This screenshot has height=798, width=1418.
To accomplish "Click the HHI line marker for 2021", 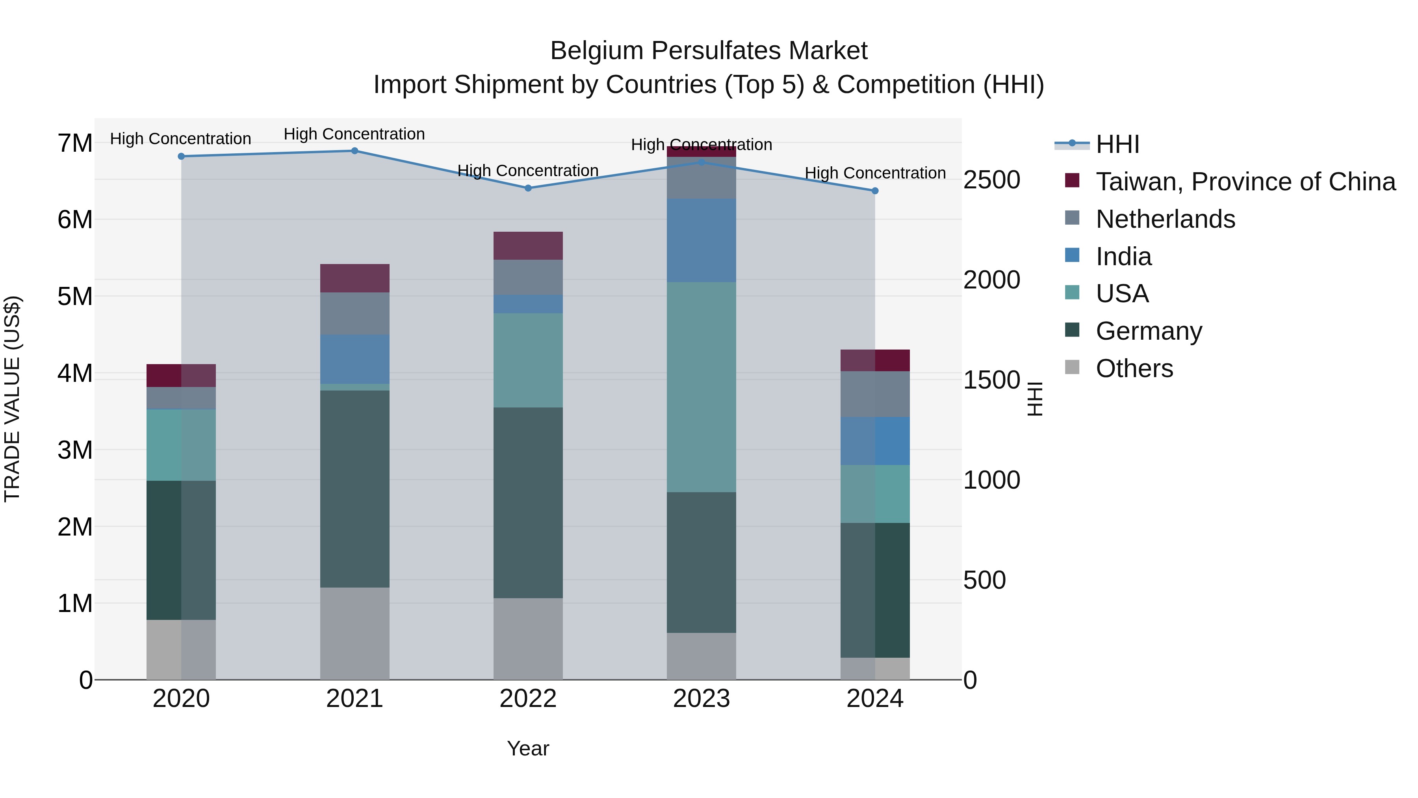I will (x=354, y=151).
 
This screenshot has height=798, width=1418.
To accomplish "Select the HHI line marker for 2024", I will (x=875, y=191).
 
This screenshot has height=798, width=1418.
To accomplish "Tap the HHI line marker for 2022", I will (x=528, y=188).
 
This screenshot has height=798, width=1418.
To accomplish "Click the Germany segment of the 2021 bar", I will (x=354, y=489).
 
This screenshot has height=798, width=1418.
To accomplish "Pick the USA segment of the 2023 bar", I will (x=701, y=387).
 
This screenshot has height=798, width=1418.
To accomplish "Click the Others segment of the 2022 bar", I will (x=528, y=638).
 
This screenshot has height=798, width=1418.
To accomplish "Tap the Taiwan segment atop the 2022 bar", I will (x=528, y=246).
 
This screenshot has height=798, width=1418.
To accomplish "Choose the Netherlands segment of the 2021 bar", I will (x=354, y=313).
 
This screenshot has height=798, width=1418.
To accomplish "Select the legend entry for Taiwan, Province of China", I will (x=1245, y=182).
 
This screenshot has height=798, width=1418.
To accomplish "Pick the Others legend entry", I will (x=1134, y=368).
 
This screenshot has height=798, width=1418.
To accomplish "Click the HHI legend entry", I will (x=1117, y=144).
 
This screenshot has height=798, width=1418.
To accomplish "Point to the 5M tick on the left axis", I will (x=75, y=297).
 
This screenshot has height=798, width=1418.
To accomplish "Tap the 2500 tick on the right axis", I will (x=991, y=180).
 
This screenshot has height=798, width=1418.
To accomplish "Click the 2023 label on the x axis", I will (x=701, y=699).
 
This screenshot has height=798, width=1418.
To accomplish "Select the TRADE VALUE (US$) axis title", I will (x=12, y=399).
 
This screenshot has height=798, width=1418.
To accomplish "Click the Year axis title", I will (x=528, y=748).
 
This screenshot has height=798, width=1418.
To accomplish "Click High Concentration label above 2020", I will (x=180, y=139).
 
